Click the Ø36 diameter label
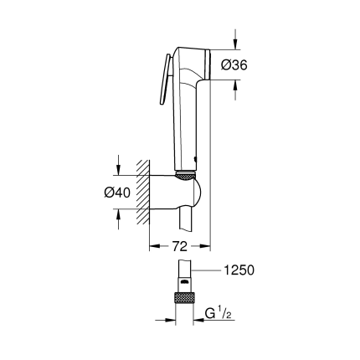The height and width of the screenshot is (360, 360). [x=235, y=64]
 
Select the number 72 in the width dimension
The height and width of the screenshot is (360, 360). [x=178, y=247]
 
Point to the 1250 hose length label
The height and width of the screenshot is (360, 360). [x=239, y=270]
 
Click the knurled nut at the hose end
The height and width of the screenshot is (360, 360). [x=183, y=298]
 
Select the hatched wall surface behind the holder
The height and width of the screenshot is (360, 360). [x=143, y=192]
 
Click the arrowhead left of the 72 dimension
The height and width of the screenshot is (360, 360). [x=154, y=247]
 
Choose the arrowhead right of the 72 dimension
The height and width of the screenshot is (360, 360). [x=205, y=247]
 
